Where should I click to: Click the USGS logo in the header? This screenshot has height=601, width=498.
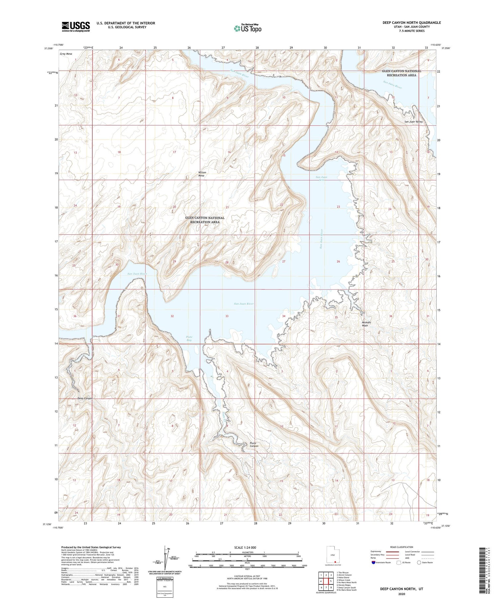coord(76,27)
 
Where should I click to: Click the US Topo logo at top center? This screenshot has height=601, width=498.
coord(247,28)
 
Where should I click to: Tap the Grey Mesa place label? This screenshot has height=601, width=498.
coord(66,54)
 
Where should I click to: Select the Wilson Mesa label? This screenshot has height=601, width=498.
coord(202,174)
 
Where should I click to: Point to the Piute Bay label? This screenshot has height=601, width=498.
coord(189,338)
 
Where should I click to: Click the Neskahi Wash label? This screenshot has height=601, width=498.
coord(366,324)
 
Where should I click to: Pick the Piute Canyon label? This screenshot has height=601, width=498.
coord(254,445)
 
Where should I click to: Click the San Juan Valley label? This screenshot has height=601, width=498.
coord(413,122)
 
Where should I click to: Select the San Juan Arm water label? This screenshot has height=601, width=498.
coord(321,178)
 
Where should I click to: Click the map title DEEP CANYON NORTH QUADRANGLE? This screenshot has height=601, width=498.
coord(411,23)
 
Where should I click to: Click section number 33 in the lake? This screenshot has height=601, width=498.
coord(227,316)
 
